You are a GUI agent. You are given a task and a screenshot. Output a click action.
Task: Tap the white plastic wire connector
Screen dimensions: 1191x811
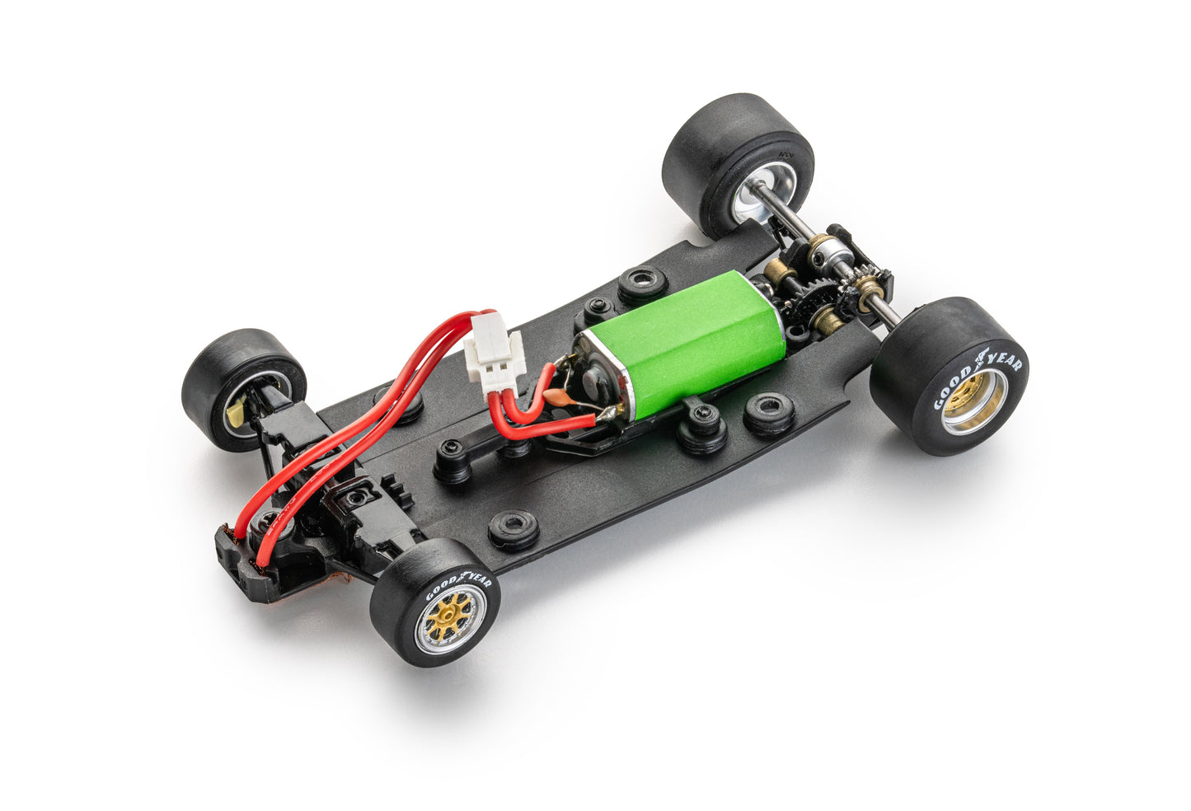click(495, 356)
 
